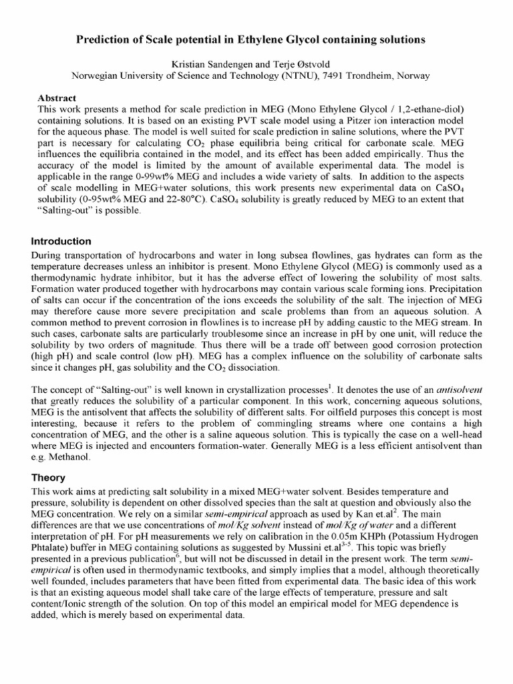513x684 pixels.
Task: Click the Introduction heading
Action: point(61,241)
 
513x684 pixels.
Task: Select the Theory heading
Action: point(49,478)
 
